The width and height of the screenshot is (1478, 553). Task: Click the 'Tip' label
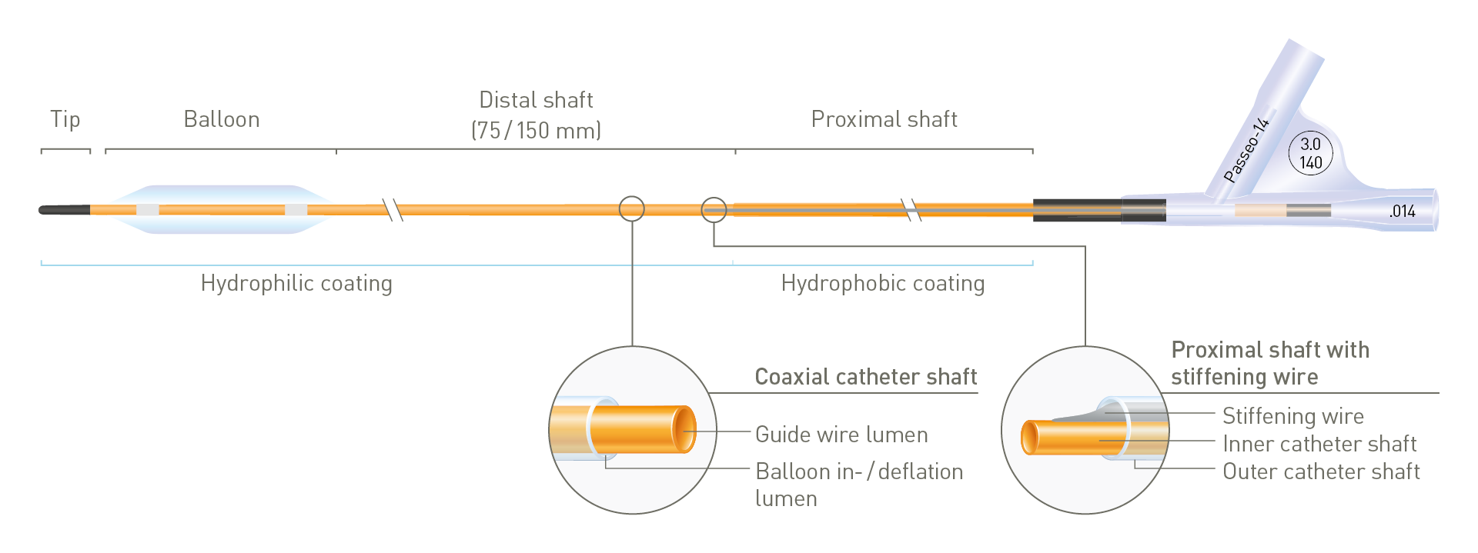coord(65,119)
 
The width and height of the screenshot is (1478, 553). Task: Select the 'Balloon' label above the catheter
coord(222,119)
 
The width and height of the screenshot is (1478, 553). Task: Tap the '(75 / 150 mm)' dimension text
coord(536,130)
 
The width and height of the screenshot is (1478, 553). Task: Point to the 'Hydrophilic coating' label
coord(296,284)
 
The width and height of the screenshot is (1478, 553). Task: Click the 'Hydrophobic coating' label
coord(882,284)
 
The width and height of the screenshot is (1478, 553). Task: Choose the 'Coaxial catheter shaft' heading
coord(865,377)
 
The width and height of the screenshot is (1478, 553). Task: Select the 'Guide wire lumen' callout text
coord(841,435)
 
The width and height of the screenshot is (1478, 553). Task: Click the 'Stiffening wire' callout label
coord(1292,416)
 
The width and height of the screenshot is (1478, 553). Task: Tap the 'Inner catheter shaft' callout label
coord(1319,444)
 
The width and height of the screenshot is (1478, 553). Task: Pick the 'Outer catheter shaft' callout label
coord(1321,471)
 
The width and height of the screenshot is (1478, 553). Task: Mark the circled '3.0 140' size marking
coord(1310,153)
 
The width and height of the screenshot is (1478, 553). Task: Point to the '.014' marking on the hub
coord(1402,212)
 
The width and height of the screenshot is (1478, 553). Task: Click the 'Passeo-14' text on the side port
coord(1246,149)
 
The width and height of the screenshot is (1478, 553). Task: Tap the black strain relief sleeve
coord(1098,210)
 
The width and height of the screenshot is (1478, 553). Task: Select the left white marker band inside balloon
coord(148,210)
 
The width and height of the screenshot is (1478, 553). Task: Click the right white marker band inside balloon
coord(296,210)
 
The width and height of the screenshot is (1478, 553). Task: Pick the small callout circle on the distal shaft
coord(632,208)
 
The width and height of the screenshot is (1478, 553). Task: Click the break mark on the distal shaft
coord(393,209)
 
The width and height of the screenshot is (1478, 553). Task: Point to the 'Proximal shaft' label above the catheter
coord(884,119)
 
